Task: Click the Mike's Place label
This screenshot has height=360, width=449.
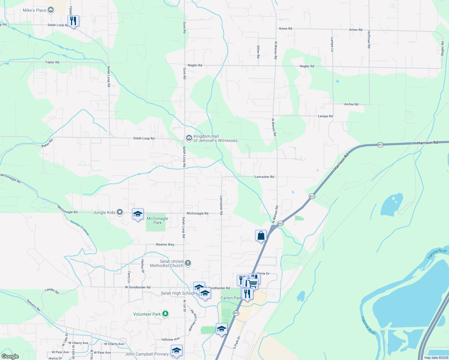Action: (x=35, y=10)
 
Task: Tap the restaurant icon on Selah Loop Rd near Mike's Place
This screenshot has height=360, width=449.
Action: (x=73, y=21)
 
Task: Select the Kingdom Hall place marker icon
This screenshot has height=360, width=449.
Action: (x=189, y=138)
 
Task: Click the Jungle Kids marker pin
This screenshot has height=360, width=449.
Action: (x=120, y=212)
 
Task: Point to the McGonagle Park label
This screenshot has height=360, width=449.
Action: (x=157, y=220)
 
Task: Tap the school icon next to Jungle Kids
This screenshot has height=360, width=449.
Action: (x=138, y=214)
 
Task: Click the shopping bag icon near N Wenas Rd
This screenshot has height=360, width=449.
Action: (x=261, y=236)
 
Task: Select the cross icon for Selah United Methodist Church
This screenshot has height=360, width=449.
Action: (x=188, y=263)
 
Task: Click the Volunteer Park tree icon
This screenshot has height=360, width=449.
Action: (x=165, y=314)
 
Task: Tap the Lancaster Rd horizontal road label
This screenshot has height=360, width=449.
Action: (x=264, y=177)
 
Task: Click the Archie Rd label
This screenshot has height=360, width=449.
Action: (x=351, y=104)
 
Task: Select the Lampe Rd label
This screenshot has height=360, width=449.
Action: (x=325, y=116)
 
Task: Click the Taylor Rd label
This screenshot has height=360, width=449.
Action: (x=52, y=62)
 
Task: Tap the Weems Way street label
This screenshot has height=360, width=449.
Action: (x=165, y=244)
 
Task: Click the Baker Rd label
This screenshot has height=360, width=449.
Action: (x=47, y=143)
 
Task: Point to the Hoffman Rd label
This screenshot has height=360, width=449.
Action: (x=369, y=40)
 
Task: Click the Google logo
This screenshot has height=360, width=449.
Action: (x=10, y=356)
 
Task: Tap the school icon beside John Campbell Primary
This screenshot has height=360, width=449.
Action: (x=176, y=350)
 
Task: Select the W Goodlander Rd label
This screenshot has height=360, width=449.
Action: (x=138, y=287)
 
